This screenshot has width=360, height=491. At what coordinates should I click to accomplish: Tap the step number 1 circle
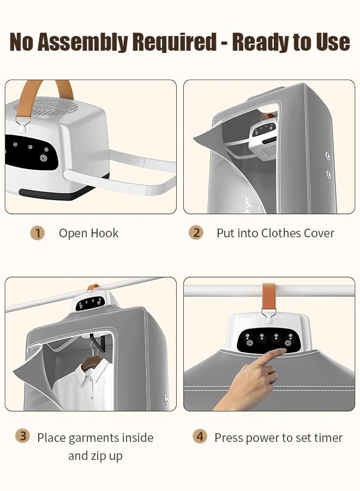pos(37,233)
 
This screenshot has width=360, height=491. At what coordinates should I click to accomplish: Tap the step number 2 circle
pos(196,233)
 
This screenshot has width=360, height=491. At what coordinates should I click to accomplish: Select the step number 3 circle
pos(22,436)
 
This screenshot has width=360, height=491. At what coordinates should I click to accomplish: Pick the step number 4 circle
pos(201,436)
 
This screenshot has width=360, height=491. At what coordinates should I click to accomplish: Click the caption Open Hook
pos(88,233)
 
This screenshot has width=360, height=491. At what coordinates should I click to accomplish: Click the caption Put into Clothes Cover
pos(275,233)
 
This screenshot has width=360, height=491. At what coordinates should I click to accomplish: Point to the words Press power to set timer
pos(278,438)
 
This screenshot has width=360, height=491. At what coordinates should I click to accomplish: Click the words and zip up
pos(95,456)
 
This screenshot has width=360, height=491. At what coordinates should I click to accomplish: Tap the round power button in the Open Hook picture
pos(44,158)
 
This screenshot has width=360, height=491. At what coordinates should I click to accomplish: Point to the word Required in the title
pos(173,42)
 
